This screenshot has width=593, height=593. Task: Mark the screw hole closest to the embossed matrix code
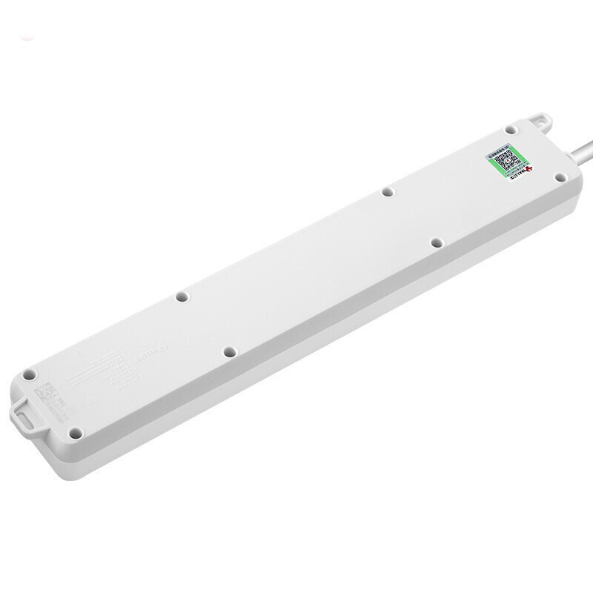click(x=29, y=375)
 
